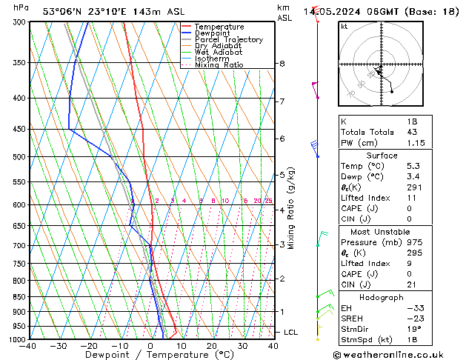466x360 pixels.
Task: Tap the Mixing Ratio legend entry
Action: pyautogui.click(x=219, y=65)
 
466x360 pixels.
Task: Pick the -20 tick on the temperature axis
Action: pyautogui.click(x=90, y=345)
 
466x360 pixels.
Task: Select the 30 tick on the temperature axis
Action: pyautogui.click(x=242, y=345)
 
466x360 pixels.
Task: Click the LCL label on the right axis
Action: pyautogui.click(x=290, y=333)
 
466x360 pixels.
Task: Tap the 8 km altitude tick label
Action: pyautogui.click(x=282, y=64)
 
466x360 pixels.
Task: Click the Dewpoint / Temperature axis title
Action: pyautogui.click(x=150, y=355)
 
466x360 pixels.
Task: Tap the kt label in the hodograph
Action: pyautogui.click(x=344, y=27)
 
